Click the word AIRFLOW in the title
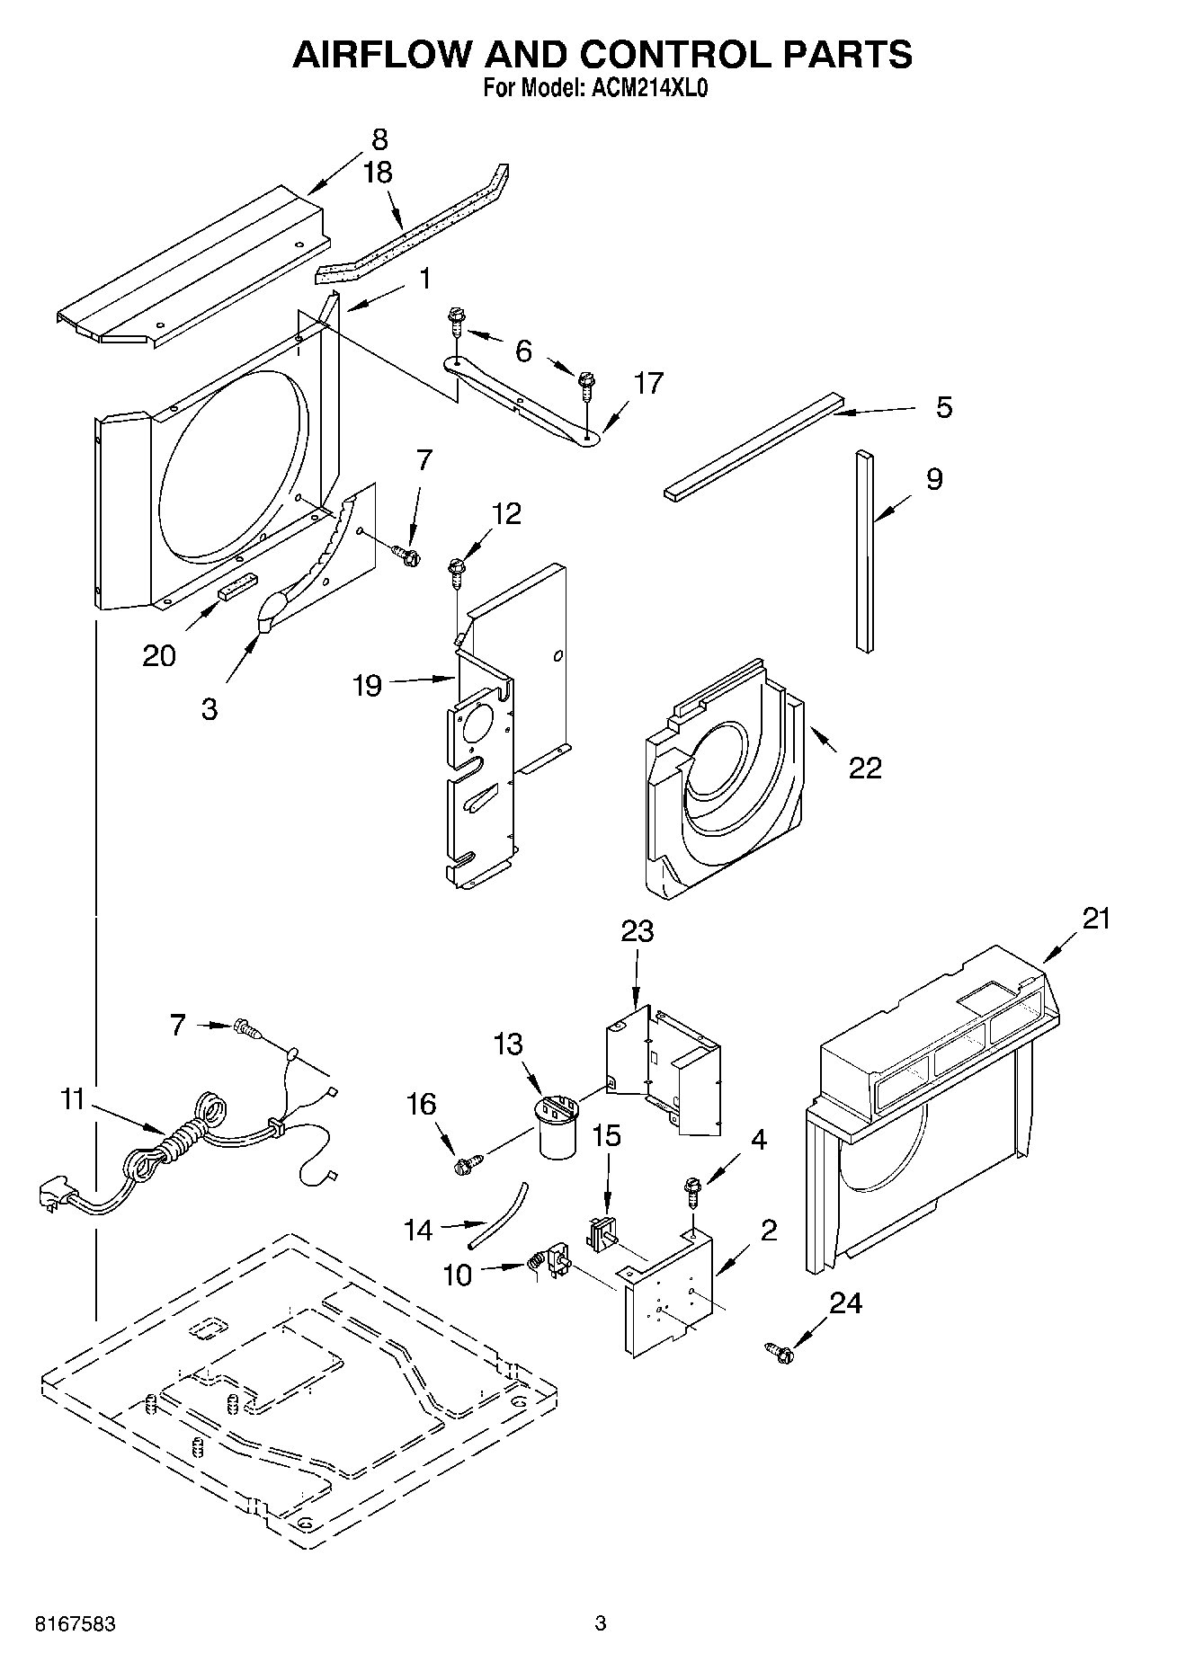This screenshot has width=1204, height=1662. click(x=377, y=56)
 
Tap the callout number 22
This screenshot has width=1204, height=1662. click(x=865, y=768)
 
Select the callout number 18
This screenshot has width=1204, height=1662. click(x=379, y=173)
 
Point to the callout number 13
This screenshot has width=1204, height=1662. click(x=508, y=1044)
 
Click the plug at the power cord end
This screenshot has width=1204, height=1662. click(x=51, y=1197)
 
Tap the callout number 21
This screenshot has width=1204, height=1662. click(x=1096, y=919)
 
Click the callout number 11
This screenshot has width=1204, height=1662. click(x=73, y=1099)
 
